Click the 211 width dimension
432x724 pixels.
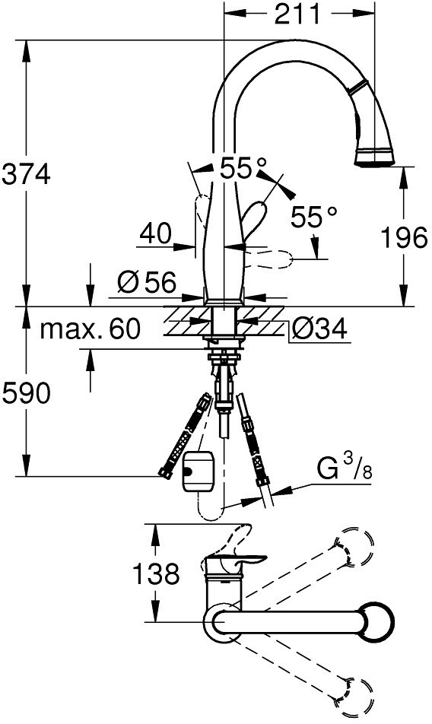(x=297, y=14)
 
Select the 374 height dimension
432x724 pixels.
(x=27, y=175)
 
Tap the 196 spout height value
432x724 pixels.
(x=405, y=238)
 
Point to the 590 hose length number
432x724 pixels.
(x=26, y=394)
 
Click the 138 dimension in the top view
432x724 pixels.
(x=156, y=574)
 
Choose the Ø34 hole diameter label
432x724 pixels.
(x=319, y=329)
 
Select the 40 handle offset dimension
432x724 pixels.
(x=156, y=234)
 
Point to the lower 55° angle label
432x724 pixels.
(x=314, y=216)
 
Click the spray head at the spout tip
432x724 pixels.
(x=374, y=156)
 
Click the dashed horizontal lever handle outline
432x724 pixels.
(x=268, y=259)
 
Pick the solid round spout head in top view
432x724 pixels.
(x=376, y=621)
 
